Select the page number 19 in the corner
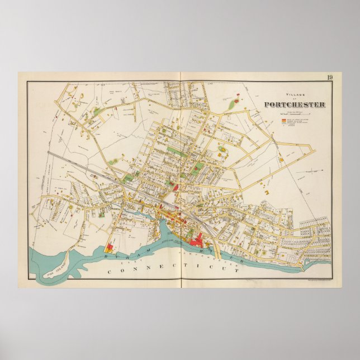click(330, 78)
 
